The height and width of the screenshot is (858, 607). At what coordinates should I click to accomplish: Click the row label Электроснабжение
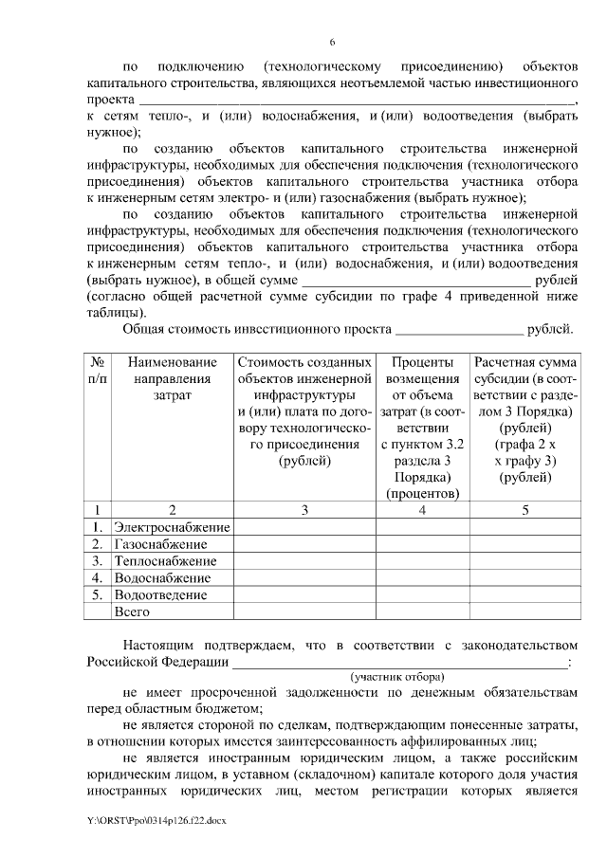point(172,527)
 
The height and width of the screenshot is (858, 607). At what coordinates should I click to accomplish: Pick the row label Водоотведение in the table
point(160,595)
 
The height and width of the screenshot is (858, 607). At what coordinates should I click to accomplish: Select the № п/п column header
point(98,371)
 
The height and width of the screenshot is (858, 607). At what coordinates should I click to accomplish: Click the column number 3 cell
point(304,510)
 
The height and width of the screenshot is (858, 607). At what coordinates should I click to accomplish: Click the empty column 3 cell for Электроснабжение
point(304,527)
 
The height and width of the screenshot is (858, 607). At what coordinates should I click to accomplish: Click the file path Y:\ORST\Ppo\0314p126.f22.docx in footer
point(158,817)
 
